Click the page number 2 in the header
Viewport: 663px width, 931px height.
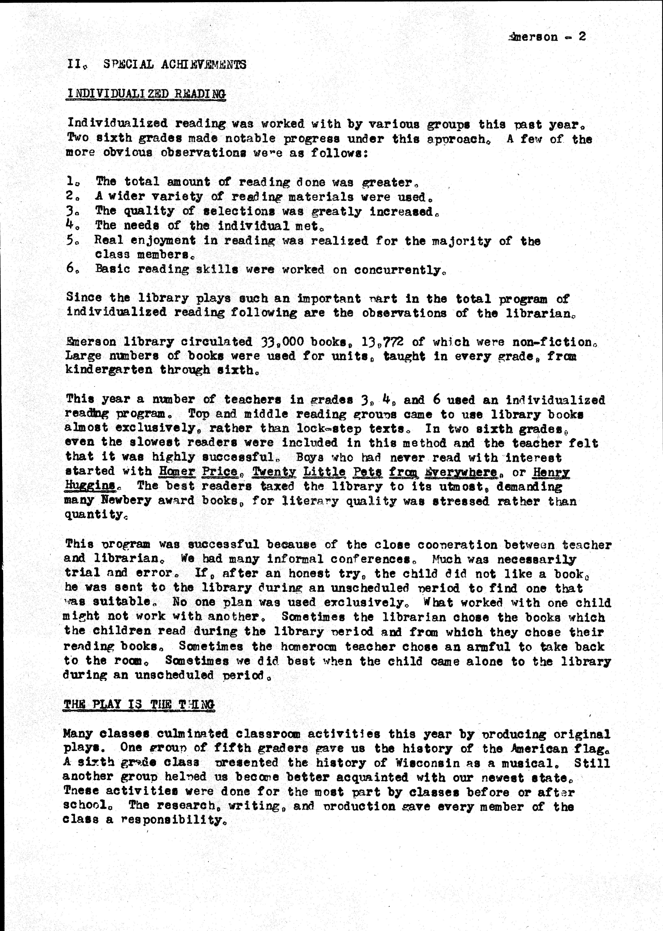582,37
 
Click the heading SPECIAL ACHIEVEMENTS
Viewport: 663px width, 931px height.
175,64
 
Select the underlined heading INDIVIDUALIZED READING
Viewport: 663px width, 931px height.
146,94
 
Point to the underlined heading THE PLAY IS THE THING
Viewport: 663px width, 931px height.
139,705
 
